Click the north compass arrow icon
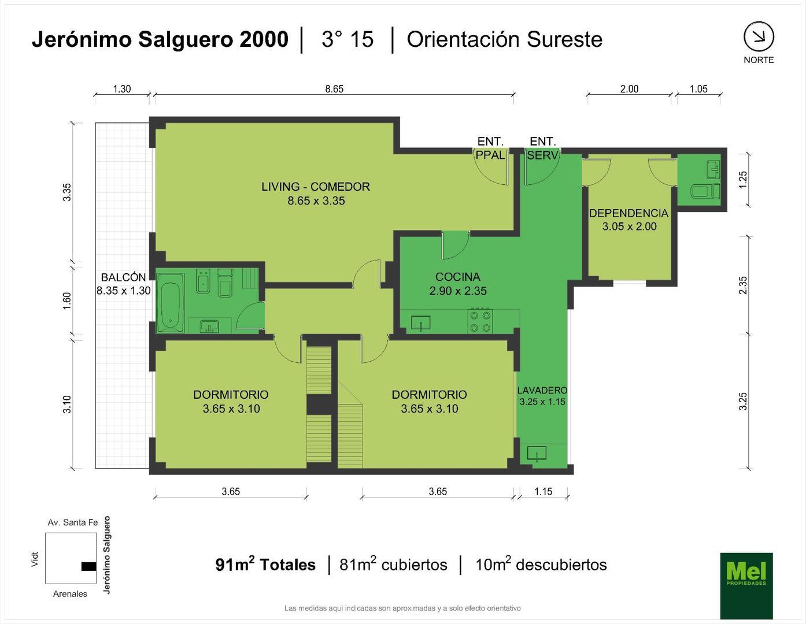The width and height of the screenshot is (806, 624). [x=759, y=37]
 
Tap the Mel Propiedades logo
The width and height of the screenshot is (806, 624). [x=746, y=585]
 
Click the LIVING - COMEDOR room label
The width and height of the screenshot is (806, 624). [x=316, y=194]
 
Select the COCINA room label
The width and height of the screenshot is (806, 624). [x=457, y=284]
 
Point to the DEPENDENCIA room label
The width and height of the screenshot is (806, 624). [x=628, y=220]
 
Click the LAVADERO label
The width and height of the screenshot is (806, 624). [x=542, y=396]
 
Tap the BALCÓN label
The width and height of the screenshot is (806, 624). [x=123, y=284]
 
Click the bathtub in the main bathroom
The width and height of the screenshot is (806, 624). [x=171, y=303]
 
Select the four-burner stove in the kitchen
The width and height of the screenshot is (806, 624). [x=481, y=321]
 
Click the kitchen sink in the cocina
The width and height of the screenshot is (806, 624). [x=421, y=323]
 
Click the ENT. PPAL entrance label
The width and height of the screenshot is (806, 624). [x=490, y=148]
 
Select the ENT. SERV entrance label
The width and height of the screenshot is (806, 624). [x=542, y=148]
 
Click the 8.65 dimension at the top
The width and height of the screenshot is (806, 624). [x=334, y=89]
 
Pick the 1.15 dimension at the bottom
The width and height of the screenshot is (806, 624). [x=543, y=492]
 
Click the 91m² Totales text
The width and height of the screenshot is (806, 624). [x=265, y=564]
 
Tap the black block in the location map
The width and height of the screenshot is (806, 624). [x=88, y=566]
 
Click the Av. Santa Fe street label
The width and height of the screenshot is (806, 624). [x=72, y=523]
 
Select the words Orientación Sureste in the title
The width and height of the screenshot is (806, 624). [x=504, y=39]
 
